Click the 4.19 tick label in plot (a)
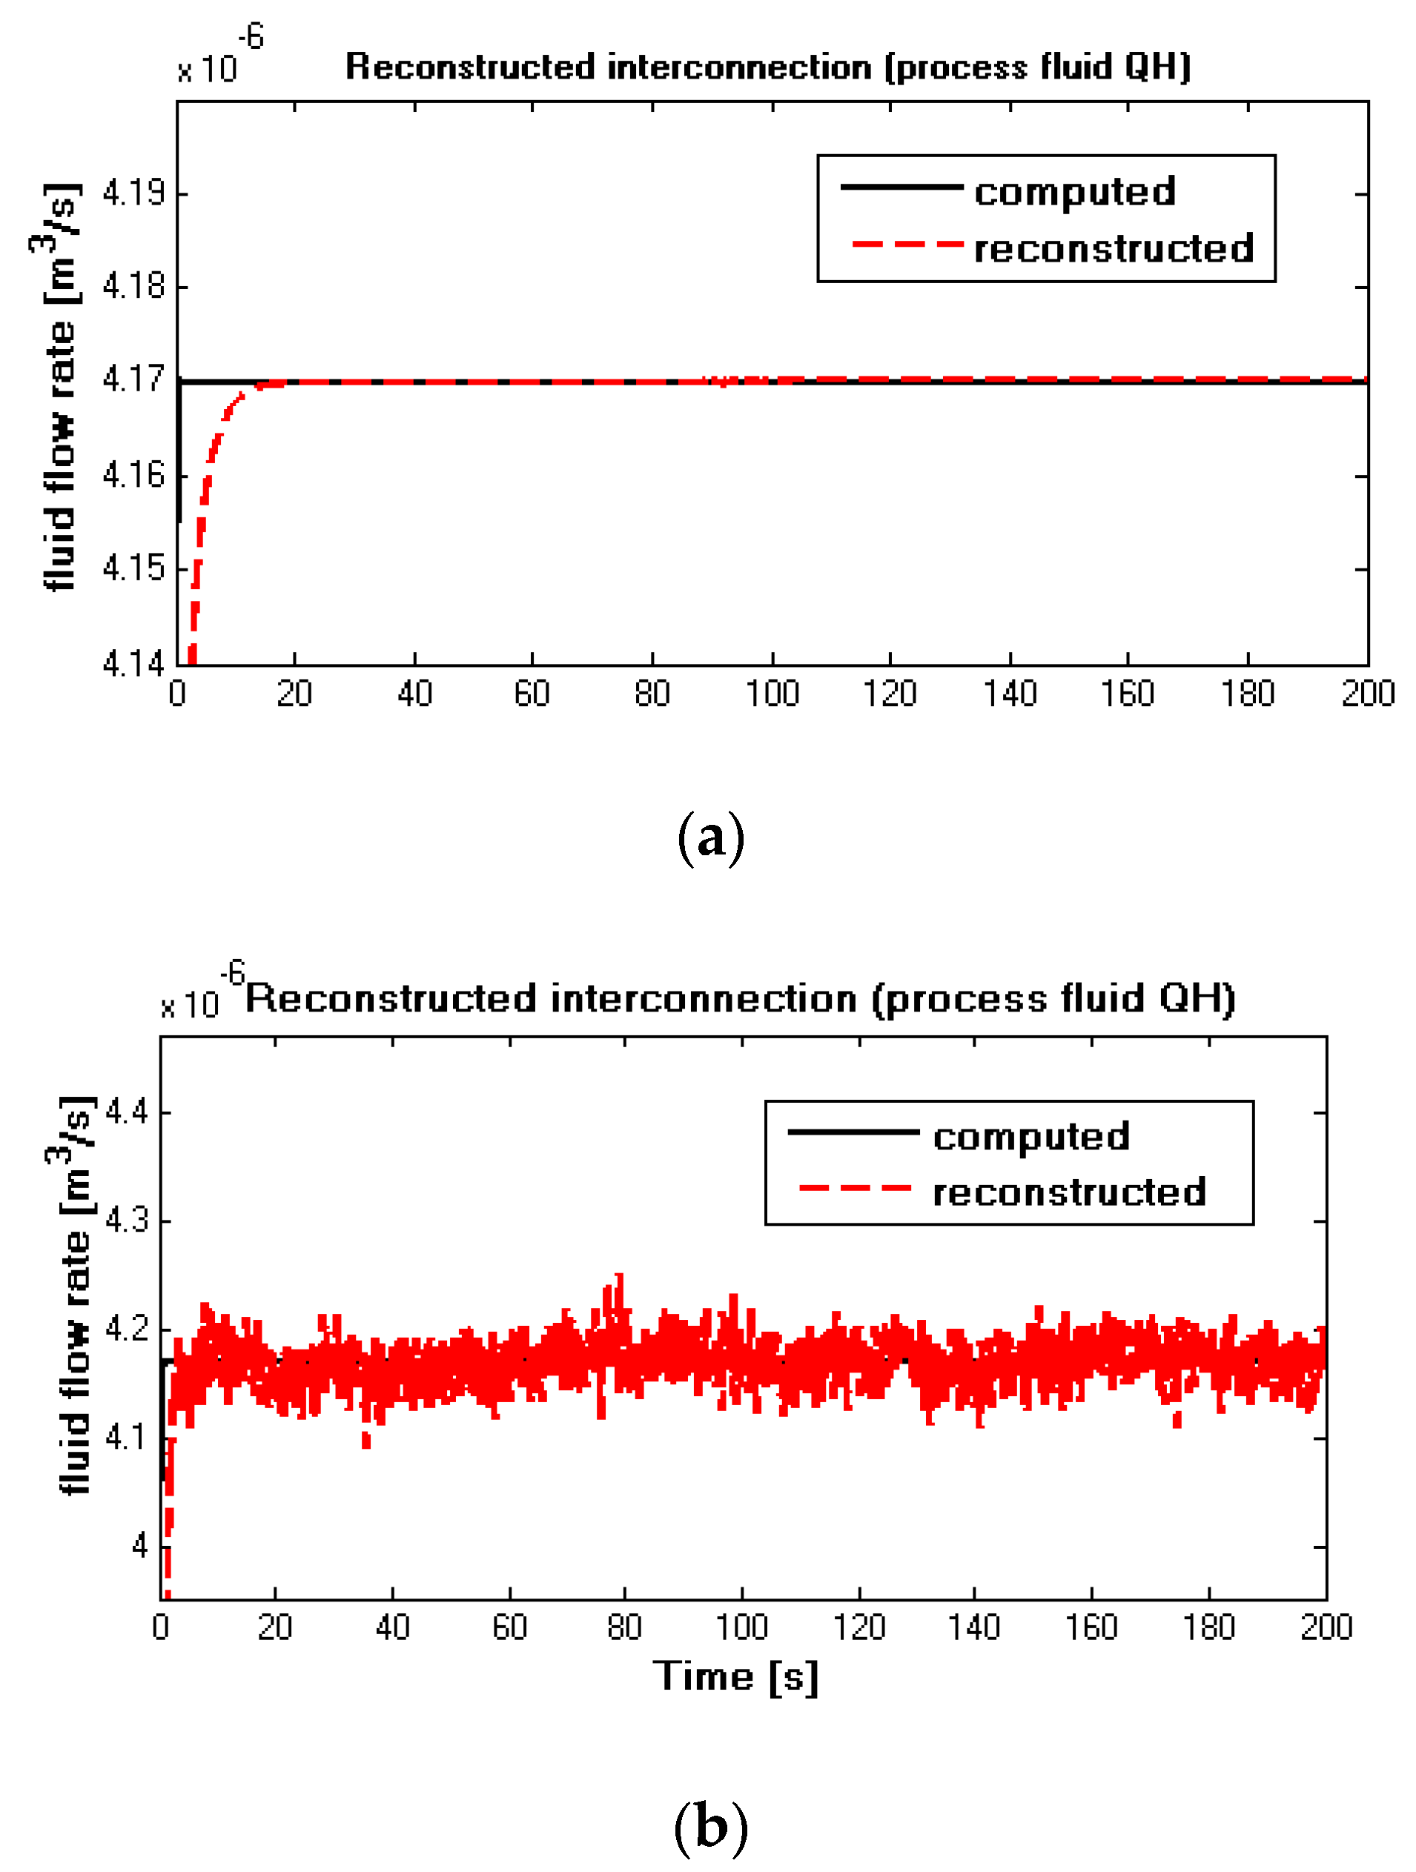pyautogui.click(x=133, y=194)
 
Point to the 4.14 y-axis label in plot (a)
pyautogui.click(x=133, y=664)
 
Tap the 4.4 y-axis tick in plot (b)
pyautogui.click(x=126, y=1111)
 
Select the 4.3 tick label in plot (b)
pyautogui.click(x=126, y=1221)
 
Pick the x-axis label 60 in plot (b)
pyautogui.click(x=509, y=1627)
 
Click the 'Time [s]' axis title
pyautogui.click(x=735, y=1676)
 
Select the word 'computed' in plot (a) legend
pyautogui.click(x=1075, y=191)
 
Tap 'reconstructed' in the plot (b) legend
pyautogui.click(x=1069, y=1192)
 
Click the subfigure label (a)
pyautogui.click(x=711, y=838)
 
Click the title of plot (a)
pyautogui.click(x=767, y=67)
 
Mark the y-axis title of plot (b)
pyautogui.click(x=74, y=1295)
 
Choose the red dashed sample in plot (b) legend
pyautogui.click(x=855, y=1188)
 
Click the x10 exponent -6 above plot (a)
pyautogui.click(x=251, y=37)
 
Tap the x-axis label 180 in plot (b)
pyautogui.click(x=1208, y=1627)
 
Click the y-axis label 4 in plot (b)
pyautogui.click(x=139, y=1547)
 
